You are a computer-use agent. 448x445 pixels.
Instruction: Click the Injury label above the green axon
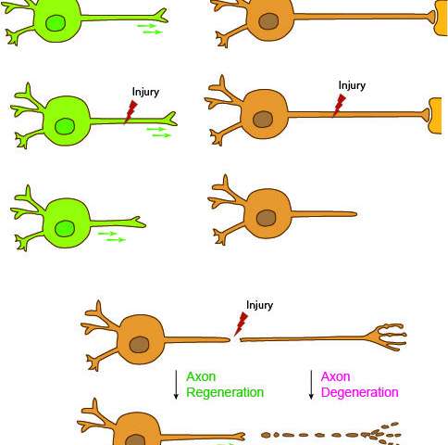(x=145, y=92)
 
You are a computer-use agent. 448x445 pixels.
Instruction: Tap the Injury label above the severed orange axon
(x=259, y=305)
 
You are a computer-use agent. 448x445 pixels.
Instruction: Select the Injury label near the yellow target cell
(x=352, y=85)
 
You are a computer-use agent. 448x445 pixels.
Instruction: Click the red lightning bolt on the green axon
(x=131, y=112)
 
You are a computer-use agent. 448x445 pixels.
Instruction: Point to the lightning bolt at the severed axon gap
(x=241, y=324)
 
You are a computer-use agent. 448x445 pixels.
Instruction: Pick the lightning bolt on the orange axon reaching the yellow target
(x=339, y=106)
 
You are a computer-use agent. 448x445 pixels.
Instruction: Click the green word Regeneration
(x=225, y=392)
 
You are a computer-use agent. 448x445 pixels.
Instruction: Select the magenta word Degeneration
(x=359, y=392)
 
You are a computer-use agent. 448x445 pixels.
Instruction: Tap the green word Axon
(x=201, y=376)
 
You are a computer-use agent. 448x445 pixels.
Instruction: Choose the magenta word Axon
(x=335, y=376)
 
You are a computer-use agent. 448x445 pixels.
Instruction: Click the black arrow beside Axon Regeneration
(x=176, y=385)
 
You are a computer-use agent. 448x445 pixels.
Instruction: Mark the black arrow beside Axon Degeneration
(x=311, y=385)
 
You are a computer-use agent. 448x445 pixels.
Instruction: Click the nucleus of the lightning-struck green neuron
(x=65, y=126)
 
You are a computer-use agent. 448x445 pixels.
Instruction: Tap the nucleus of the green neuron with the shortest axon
(x=65, y=229)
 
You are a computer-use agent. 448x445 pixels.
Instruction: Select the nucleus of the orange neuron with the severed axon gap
(x=139, y=345)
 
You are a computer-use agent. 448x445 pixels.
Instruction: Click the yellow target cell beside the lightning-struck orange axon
(x=435, y=116)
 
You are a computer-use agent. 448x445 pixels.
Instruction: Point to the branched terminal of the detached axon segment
(x=386, y=337)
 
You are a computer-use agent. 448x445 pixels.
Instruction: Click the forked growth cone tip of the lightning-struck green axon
(x=169, y=119)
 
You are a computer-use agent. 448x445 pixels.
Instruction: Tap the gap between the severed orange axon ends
(x=235, y=340)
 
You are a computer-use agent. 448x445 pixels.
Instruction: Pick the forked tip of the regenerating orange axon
(x=238, y=437)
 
